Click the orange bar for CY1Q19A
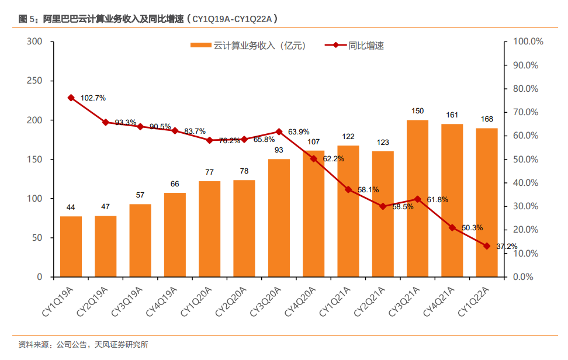pos(71,246)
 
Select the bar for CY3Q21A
pos(417,198)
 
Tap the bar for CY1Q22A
pos(486,202)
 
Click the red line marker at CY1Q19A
pos(71,98)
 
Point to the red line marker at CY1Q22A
pos(486,246)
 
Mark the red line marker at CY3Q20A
pos(279,131)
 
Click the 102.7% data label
pos(93,98)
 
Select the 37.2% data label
pos(507,247)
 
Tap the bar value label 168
pos(486,119)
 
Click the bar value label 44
pos(71,207)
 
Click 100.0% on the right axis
pos(528,41)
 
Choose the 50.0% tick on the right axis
pos(528,159)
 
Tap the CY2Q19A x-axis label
pos(93,301)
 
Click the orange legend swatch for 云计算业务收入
pos(201,45)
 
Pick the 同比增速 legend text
pos(366,45)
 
